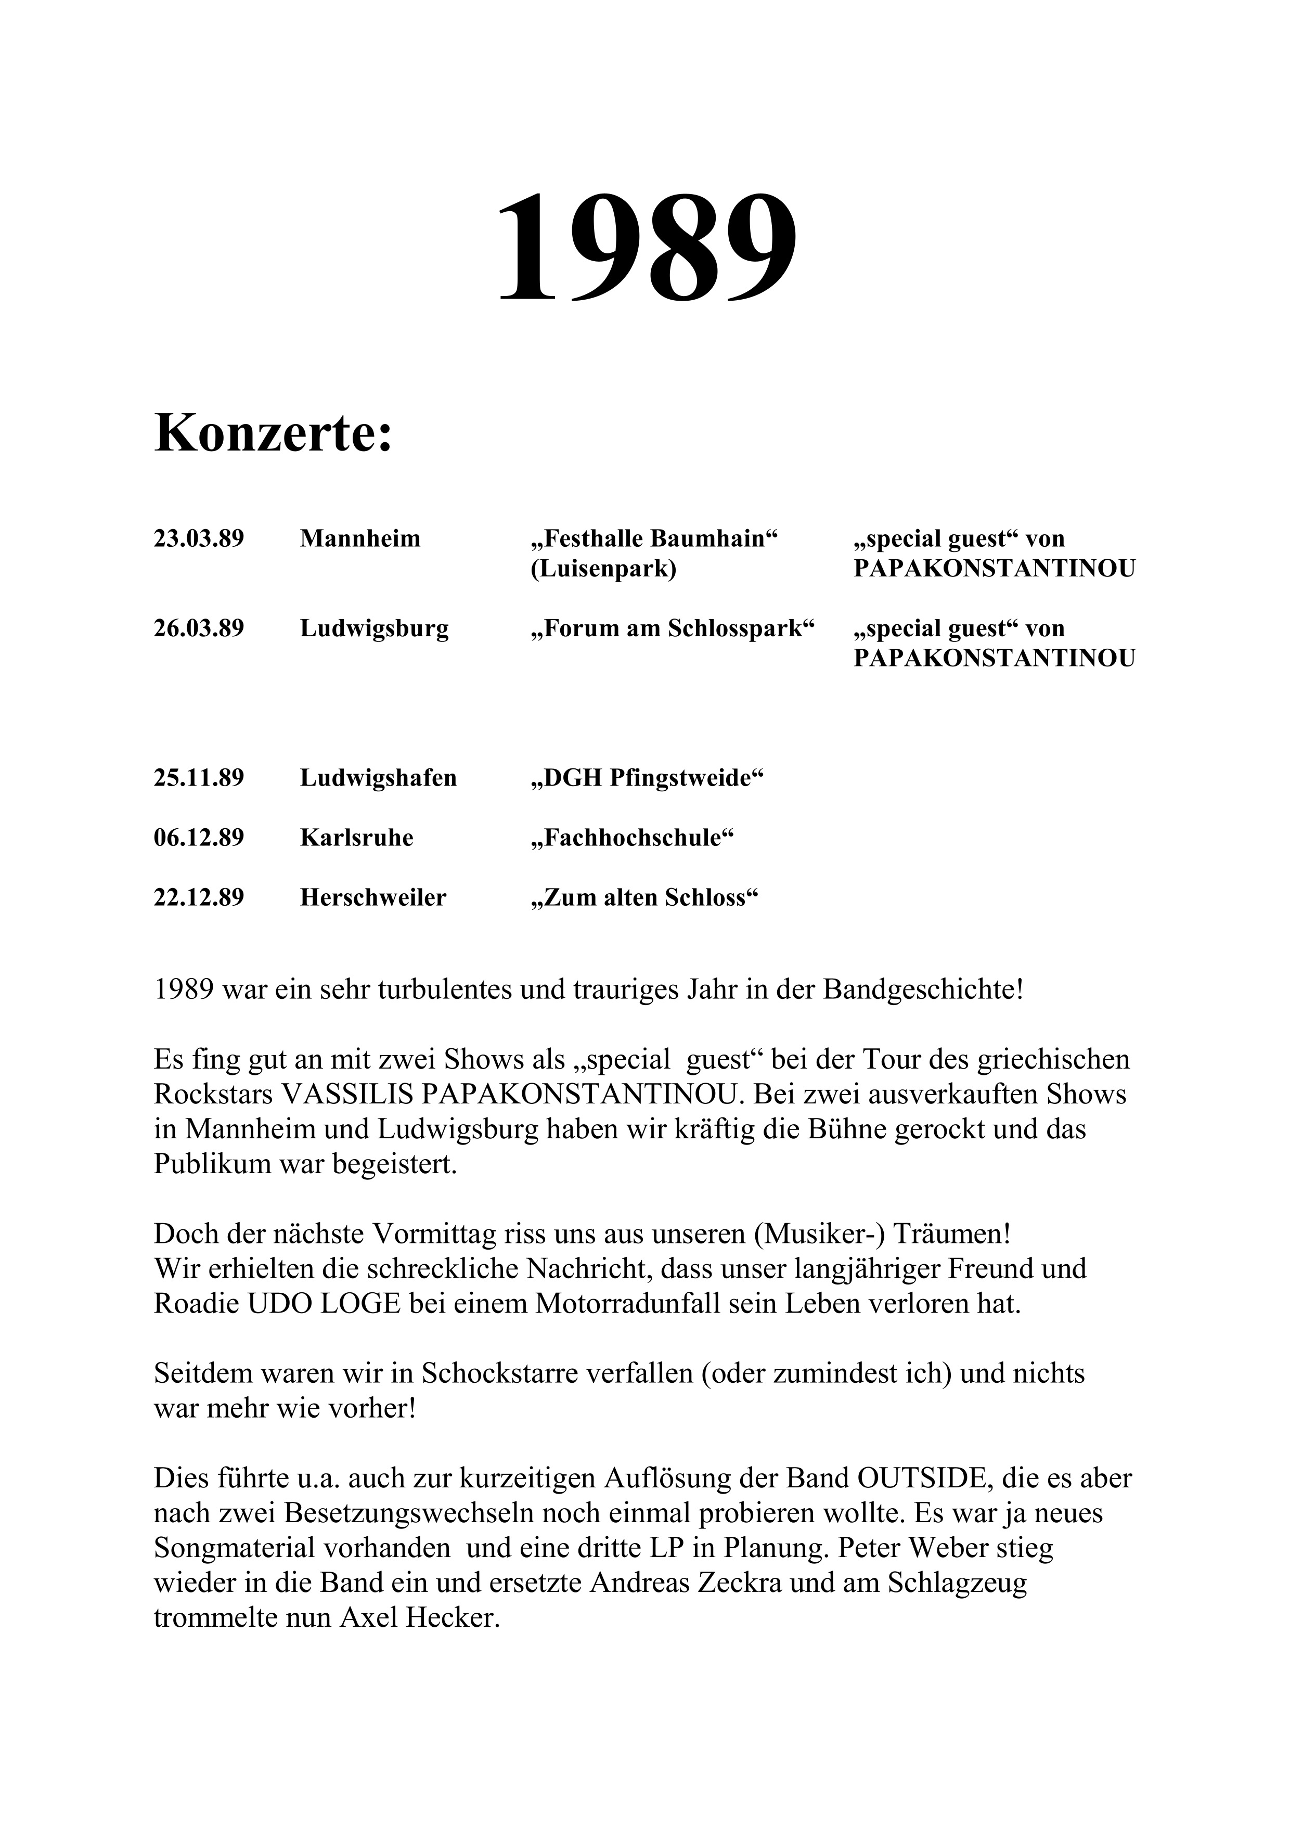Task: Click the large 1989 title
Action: [x=646, y=247]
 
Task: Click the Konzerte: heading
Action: [x=274, y=434]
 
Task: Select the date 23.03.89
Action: [x=199, y=539]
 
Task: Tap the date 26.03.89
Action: [x=199, y=629]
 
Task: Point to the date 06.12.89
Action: [x=199, y=838]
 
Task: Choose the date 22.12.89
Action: [x=199, y=897]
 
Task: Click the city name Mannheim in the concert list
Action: [x=360, y=539]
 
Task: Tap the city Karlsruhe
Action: [x=357, y=838]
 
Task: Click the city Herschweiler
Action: [x=373, y=897]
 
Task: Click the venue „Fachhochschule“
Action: [x=631, y=838]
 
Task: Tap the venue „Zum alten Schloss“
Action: [x=644, y=897]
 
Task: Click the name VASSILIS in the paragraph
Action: [x=347, y=1095]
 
